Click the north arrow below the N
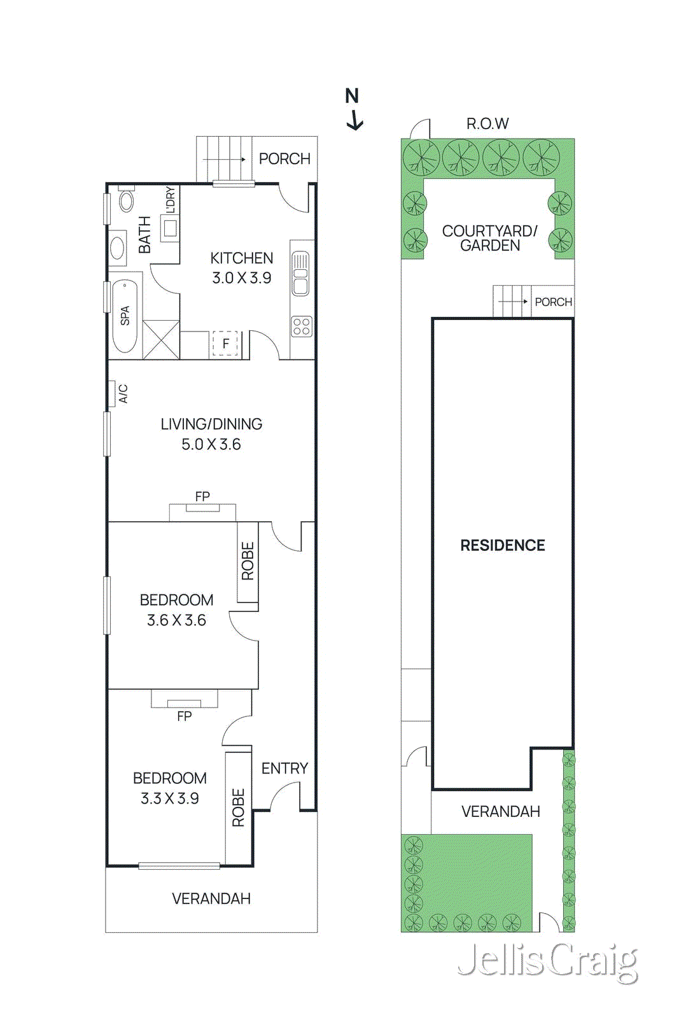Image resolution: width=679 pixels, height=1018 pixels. [x=355, y=120]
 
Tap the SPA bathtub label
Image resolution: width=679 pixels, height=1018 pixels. [x=125, y=316]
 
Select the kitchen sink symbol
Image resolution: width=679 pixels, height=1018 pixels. [x=300, y=274]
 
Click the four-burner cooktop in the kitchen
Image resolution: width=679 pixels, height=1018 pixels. [x=302, y=326]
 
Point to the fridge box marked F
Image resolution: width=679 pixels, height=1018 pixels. [x=225, y=344]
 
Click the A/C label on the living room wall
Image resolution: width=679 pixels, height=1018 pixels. [x=123, y=393]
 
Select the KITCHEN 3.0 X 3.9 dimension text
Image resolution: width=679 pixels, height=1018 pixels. [x=242, y=278]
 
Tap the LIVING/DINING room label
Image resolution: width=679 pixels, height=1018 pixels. [x=211, y=424]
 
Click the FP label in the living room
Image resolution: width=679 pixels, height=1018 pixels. [x=202, y=496]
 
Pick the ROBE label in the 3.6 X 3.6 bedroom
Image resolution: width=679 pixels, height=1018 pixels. [x=248, y=561]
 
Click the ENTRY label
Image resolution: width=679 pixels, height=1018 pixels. [x=284, y=769]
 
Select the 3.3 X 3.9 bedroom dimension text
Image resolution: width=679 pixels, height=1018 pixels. [x=170, y=798]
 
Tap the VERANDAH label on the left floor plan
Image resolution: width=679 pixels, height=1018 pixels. [x=211, y=898]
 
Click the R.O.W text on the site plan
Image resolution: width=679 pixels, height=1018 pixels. [x=487, y=123]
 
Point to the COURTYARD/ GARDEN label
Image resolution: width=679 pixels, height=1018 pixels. [x=489, y=238]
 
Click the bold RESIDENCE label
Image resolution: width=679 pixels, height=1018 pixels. [x=503, y=545]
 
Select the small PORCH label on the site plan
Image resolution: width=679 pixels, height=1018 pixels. [x=553, y=302]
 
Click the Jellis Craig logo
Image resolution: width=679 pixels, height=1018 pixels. [x=547, y=962]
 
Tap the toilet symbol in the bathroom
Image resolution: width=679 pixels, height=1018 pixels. [x=127, y=200]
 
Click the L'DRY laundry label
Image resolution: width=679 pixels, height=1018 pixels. [x=170, y=200]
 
